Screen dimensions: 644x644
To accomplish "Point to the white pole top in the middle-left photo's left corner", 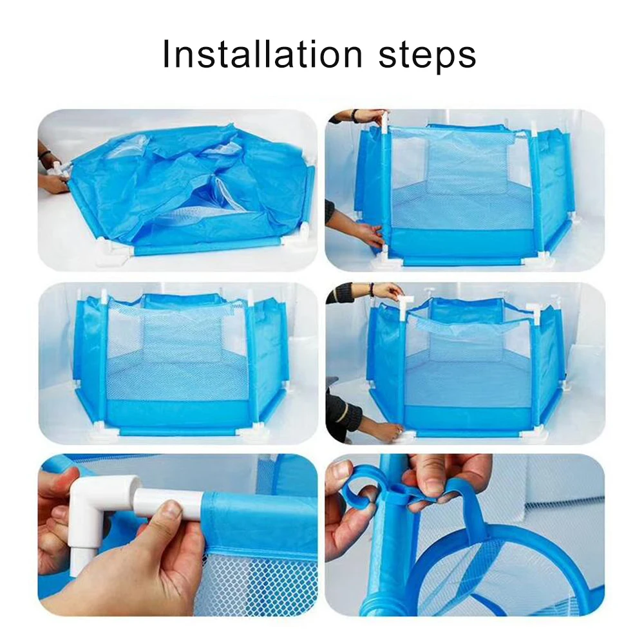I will tap(103, 298).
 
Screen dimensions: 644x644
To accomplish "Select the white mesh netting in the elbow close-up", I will tap(258, 580).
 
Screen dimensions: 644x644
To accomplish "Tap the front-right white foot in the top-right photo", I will tap(541, 257).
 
